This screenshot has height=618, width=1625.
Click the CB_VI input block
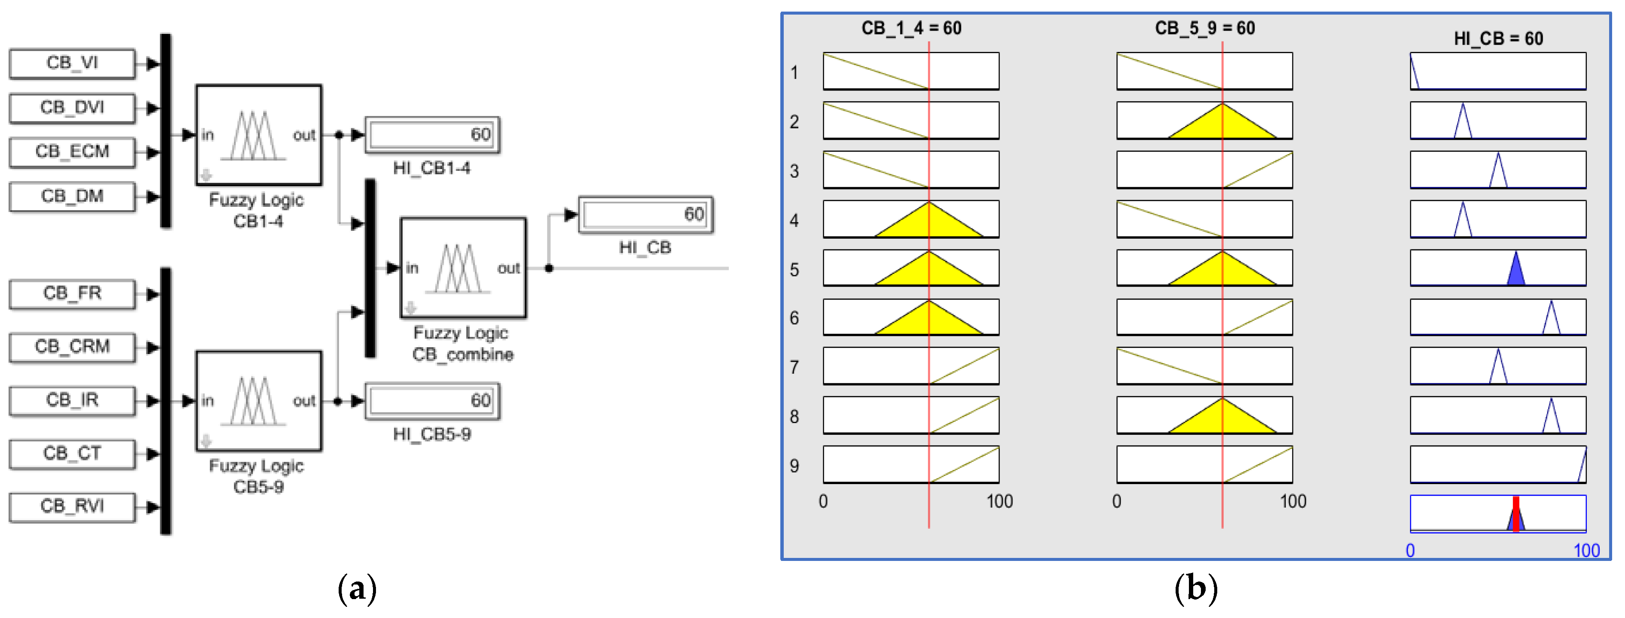coord(72,63)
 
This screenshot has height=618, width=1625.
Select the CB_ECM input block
coord(72,152)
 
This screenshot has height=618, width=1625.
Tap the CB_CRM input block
coord(72,347)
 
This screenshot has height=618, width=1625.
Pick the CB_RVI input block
coord(72,506)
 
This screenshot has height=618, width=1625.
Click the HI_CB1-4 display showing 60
coord(432,135)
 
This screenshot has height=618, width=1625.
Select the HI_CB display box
coord(646,215)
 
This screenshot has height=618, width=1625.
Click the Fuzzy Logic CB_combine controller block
coord(463,268)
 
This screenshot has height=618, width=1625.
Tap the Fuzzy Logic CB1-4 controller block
coord(259,135)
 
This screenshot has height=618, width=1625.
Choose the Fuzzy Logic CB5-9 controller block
coord(259,401)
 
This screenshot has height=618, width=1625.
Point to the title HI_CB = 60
coord(1498,39)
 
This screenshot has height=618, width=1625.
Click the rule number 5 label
coord(794,270)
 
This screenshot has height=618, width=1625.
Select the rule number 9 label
coord(794,466)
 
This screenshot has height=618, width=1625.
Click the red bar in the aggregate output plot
coord(1516,515)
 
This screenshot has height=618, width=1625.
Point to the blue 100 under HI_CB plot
coord(1586,551)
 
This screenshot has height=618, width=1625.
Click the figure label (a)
coord(357,589)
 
